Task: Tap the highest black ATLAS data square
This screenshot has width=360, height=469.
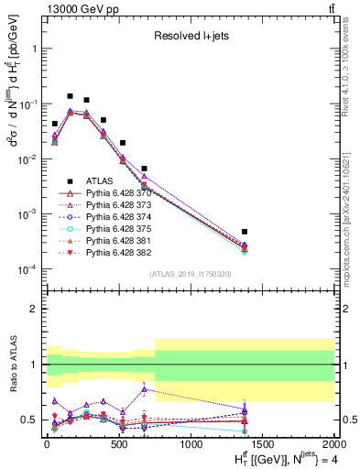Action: coord(71,95)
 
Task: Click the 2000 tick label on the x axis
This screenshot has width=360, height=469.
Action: coord(334,447)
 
